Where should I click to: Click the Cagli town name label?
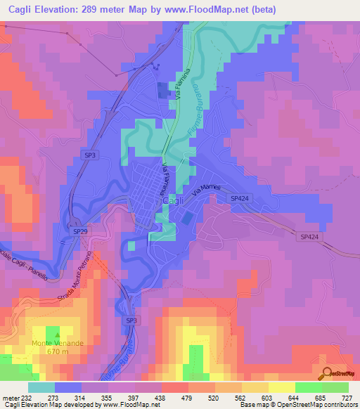173,200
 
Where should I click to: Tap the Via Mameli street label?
205,187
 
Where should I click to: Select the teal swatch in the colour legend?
41,387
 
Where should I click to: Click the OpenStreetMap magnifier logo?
326,374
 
